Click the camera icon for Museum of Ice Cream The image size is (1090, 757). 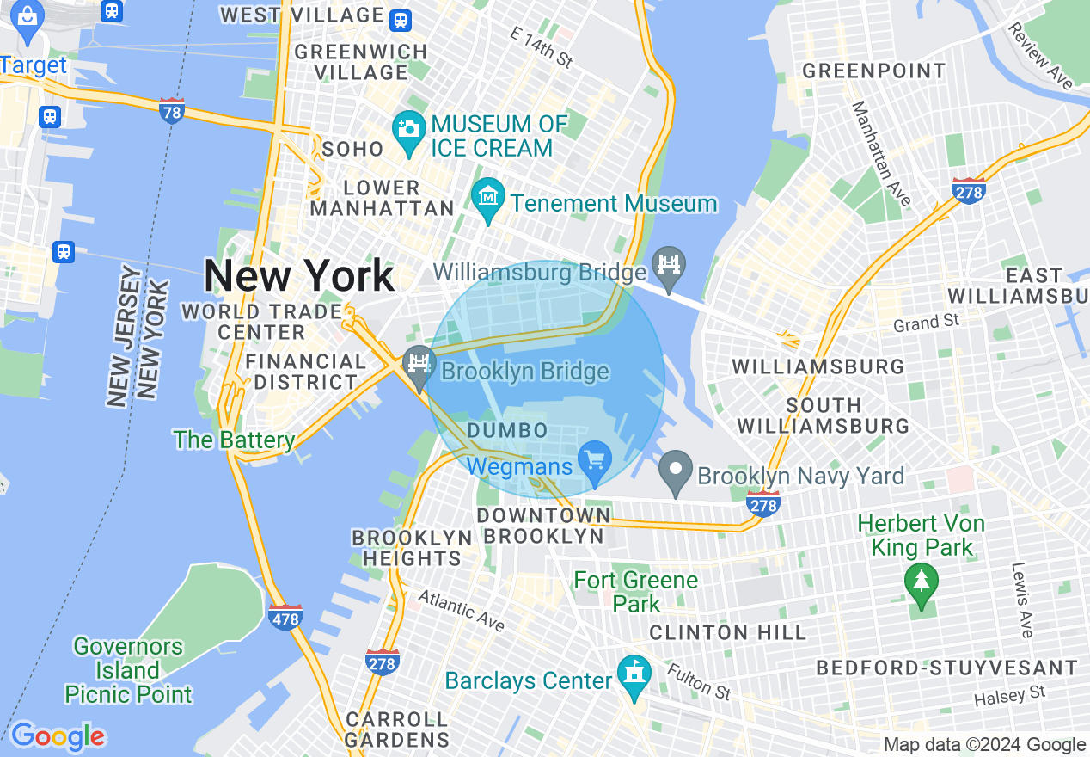click(x=408, y=130)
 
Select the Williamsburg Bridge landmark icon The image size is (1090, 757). click(x=669, y=262)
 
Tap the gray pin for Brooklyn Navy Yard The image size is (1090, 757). click(x=676, y=471)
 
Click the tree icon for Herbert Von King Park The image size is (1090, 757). click(x=922, y=582)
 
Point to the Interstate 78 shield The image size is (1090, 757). click(x=172, y=110)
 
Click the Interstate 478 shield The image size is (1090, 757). click(x=285, y=618)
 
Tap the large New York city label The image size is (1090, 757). click(x=299, y=276)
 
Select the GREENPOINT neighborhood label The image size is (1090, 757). click(x=873, y=71)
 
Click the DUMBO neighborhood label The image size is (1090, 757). click(x=507, y=430)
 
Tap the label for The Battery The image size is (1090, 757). click(x=234, y=440)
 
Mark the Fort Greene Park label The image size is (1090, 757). click(x=636, y=591)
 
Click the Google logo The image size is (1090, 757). click(x=57, y=737)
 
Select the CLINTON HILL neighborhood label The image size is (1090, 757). click(x=728, y=633)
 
